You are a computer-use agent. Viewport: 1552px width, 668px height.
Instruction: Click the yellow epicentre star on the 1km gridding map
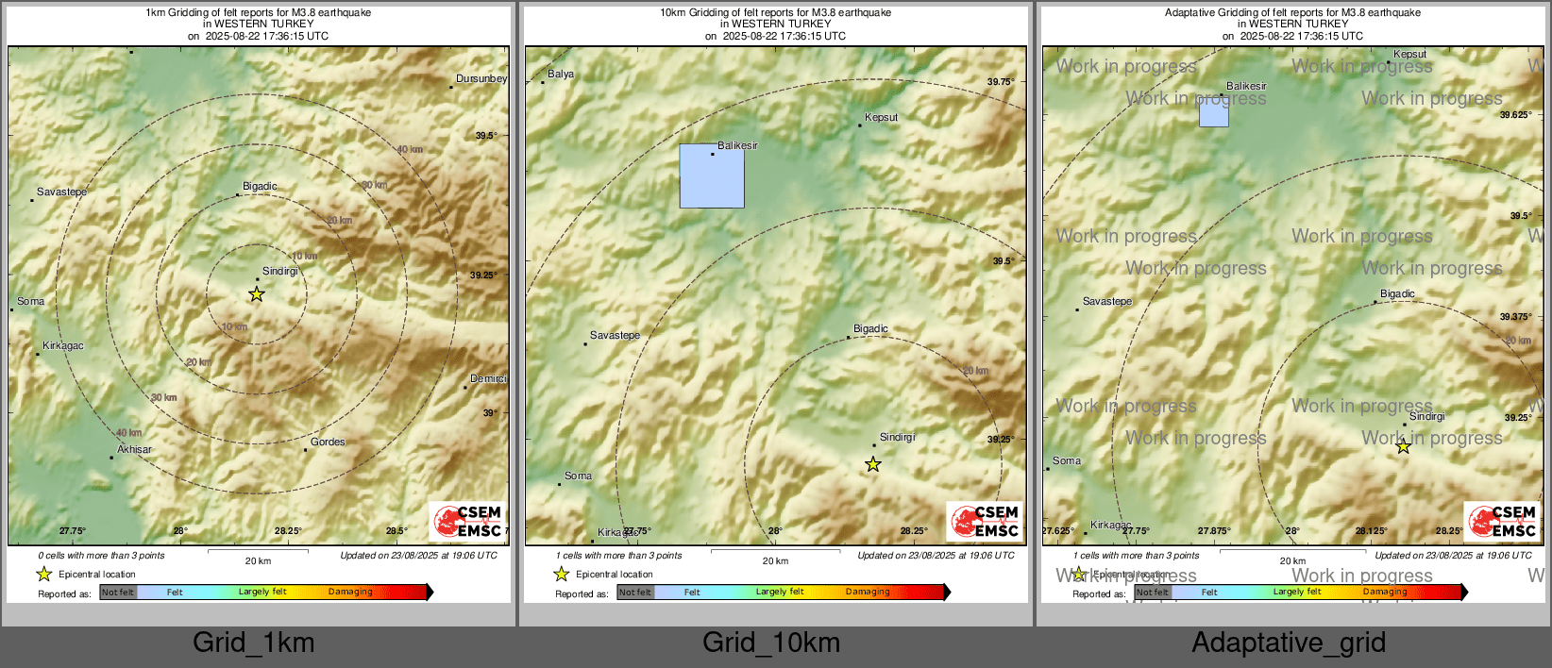(256, 294)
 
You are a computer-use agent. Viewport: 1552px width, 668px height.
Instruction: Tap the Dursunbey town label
(481, 78)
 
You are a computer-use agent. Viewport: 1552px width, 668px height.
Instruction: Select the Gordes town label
(328, 442)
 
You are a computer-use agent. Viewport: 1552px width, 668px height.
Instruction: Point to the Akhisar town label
(134, 449)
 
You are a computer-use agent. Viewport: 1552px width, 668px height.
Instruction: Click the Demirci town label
(488, 378)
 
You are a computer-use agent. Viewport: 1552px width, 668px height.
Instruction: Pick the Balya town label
(561, 74)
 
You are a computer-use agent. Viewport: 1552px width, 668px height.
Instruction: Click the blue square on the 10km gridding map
(712, 176)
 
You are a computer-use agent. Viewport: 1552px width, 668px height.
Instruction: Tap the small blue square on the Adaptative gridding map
(1214, 112)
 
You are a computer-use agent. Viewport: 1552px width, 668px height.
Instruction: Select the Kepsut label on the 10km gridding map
(882, 117)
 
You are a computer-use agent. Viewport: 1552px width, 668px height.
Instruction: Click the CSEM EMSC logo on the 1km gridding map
(468, 521)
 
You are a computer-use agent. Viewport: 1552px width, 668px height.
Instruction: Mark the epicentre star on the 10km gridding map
(873, 464)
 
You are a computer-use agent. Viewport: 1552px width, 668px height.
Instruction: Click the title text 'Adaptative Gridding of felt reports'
(1292, 13)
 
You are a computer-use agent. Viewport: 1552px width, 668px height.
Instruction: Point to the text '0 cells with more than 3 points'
(101, 556)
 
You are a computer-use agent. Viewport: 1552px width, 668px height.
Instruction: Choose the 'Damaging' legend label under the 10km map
(868, 592)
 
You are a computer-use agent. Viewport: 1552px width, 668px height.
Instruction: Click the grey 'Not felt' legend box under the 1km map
(118, 593)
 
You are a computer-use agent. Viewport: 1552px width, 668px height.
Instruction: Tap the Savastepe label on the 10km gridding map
(615, 335)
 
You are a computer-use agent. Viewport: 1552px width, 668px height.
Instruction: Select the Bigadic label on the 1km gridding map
(260, 186)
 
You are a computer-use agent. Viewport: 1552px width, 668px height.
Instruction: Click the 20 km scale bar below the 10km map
(775, 551)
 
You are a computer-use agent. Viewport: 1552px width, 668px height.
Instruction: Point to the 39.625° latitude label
(1515, 115)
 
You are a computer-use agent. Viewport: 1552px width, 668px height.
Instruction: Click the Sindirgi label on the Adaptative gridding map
(1426, 416)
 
